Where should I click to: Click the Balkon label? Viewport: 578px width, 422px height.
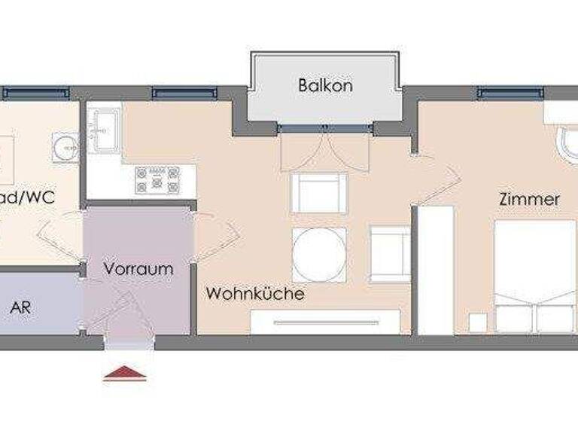[325, 85]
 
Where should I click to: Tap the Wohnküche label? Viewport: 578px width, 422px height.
[256, 293]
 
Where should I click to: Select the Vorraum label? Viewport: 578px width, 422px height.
[138, 268]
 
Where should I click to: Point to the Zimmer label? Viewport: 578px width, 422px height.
[530, 200]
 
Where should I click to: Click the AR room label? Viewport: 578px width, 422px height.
[20, 309]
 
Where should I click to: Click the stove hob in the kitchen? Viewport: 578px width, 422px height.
[157, 181]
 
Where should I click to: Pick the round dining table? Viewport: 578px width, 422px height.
[319, 254]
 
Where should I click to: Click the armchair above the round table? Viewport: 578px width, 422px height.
[319, 193]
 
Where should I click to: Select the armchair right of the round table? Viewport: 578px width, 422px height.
[390, 252]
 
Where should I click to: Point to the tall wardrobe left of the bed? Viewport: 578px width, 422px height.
[435, 270]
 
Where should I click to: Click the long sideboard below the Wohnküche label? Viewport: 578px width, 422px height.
[324, 322]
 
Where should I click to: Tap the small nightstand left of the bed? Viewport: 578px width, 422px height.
[478, 323]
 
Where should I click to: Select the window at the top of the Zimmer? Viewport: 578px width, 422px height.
[509, 93]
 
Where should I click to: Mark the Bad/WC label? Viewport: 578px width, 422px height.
[30, 199]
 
